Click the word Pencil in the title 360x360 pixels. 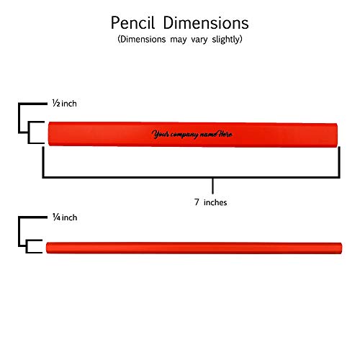132,23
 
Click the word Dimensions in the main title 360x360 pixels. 206,23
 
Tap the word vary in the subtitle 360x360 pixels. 199,40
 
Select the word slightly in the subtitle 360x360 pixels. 227,40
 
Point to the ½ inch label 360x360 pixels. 65,104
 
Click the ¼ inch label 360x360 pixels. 65,217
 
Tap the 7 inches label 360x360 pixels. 210,202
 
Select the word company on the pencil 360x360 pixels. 184,135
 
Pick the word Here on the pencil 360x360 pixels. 225,134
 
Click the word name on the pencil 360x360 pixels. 208,135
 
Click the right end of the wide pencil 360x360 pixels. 337,135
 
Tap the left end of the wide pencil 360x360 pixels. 49,134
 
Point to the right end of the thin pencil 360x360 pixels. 341,248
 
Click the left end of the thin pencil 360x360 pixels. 47,248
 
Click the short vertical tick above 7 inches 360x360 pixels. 212,186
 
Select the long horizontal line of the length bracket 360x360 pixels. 191,177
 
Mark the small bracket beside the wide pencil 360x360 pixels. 29,132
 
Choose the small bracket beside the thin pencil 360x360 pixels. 27,246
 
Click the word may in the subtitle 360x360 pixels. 179,40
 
